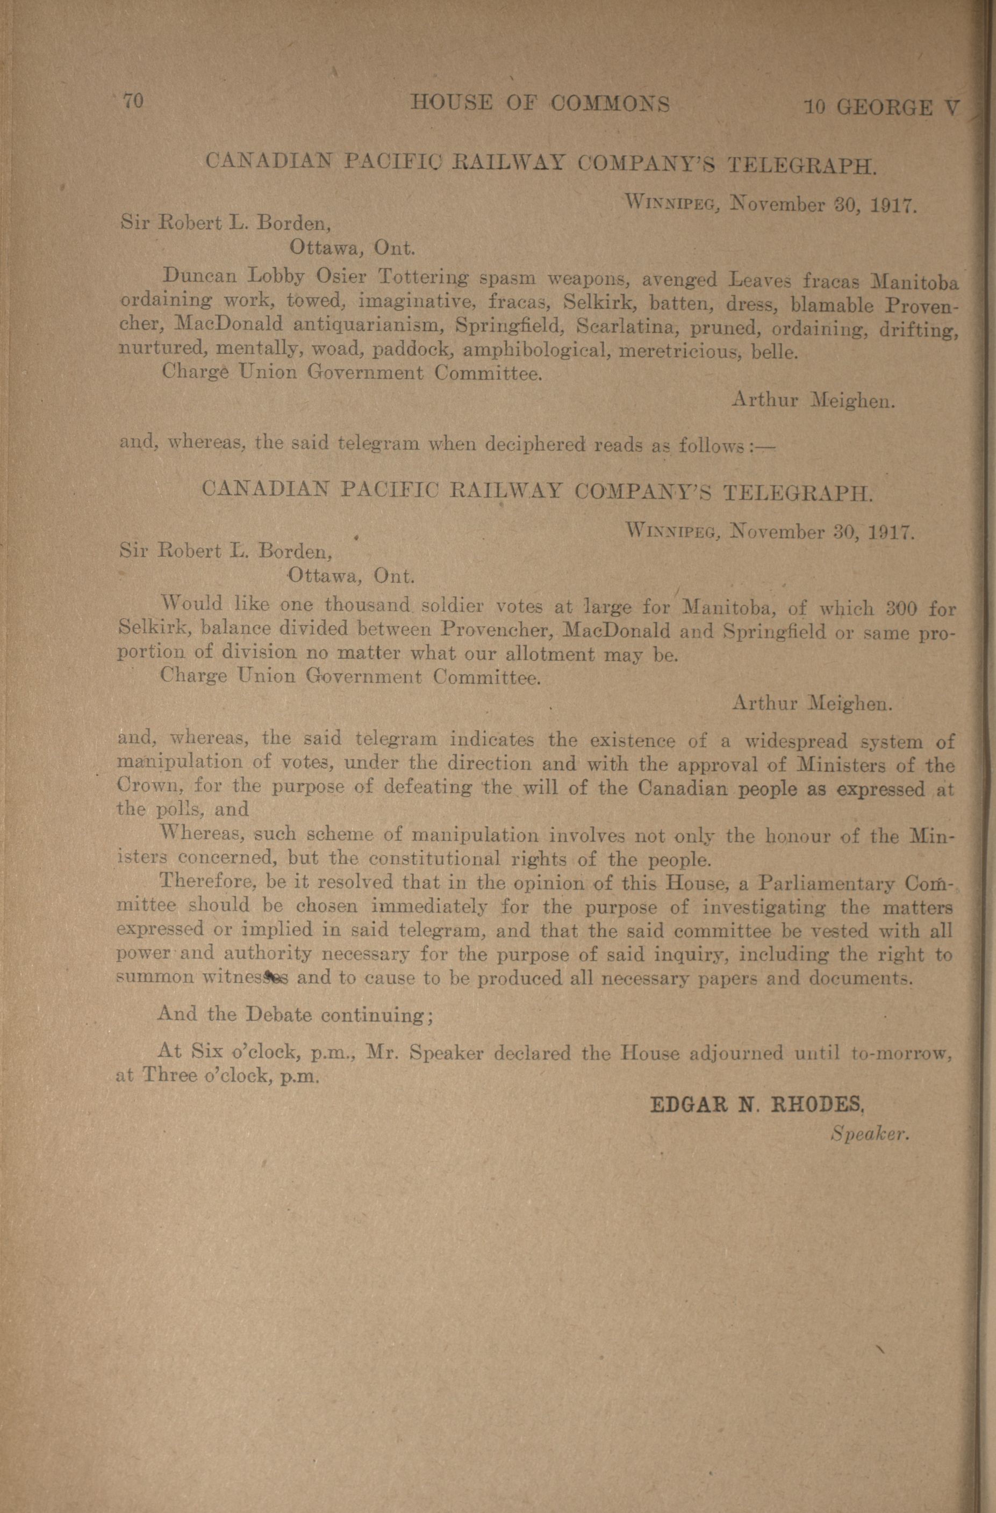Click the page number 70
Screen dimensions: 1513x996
(x=133, y=102)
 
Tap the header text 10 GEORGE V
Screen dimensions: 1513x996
(x=880, y=107)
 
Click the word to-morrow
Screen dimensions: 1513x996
(x=901, y=1053)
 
